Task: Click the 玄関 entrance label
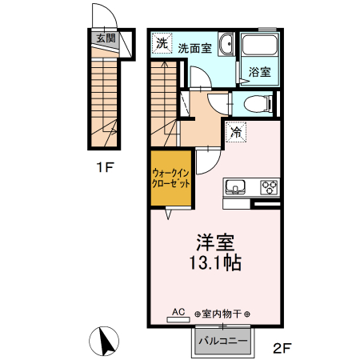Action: pos(105,38)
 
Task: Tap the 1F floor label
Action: pos(103,168)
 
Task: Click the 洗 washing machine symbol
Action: pos(162,43)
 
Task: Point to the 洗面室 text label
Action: pos(195,48)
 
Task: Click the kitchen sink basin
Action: pos(235,188)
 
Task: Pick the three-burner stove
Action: pos(267,188)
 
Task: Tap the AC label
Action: pos(178,312)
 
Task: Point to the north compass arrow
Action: pos(105,342)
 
